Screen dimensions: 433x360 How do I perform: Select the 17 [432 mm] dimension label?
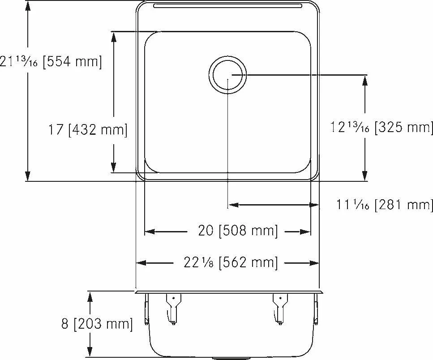(88, 130)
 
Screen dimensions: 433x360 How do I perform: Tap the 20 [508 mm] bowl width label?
(238, 231)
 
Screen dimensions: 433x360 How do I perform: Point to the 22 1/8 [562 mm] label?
(231, 262)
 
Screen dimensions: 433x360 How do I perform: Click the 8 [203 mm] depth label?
(97, 324)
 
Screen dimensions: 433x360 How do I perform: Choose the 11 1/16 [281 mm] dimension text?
(384, 205)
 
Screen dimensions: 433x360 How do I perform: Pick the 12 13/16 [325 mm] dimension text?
(382, 128)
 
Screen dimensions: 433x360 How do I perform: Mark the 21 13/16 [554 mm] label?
(51, 61)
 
